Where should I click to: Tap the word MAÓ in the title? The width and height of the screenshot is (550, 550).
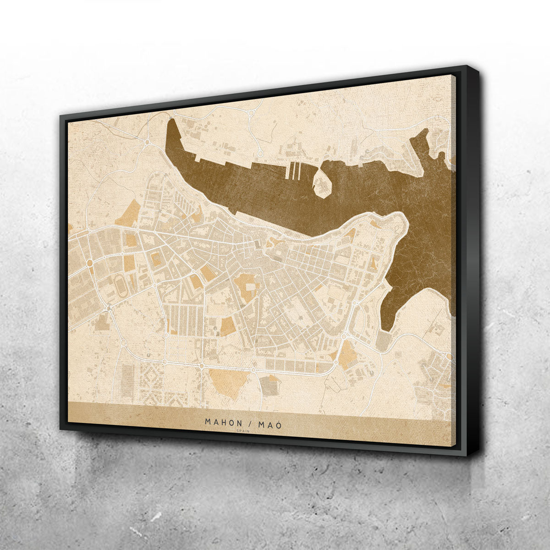click(x=269, y=424)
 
